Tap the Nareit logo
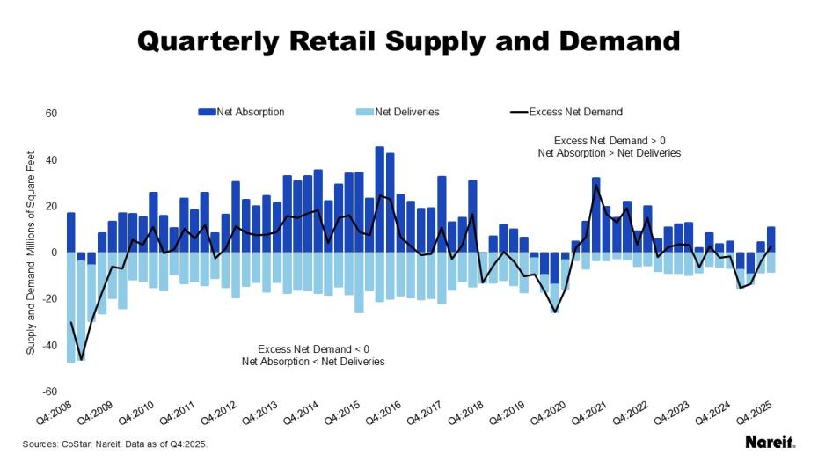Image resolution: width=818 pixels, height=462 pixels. tap(770, 441)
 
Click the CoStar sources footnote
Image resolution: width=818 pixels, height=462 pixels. tap(115, 444)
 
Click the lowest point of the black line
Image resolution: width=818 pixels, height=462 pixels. tap(81, 359)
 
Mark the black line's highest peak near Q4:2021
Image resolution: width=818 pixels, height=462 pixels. tap(596, 186)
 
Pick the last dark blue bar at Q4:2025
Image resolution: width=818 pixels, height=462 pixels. tap(771, 239)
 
